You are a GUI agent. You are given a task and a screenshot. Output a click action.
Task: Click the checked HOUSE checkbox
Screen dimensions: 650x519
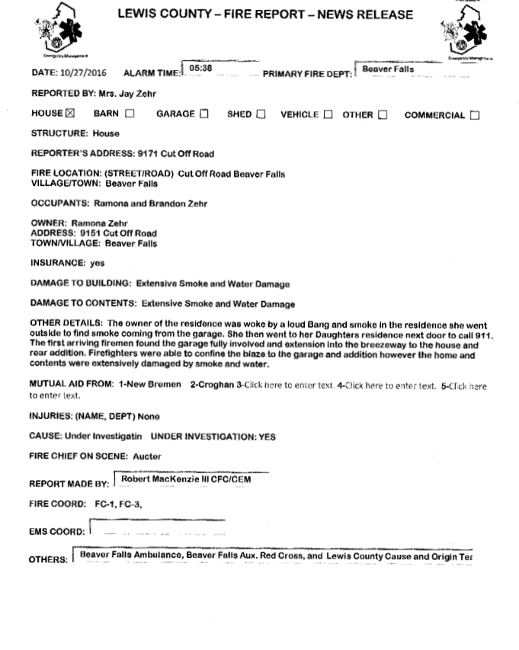[71, 115]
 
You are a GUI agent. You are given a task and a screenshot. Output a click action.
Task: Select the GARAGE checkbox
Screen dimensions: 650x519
[203, 115]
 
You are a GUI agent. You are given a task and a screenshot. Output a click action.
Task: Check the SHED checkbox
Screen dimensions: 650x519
[261, 115]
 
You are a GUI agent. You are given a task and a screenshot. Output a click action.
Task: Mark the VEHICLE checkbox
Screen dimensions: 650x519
[328, 115]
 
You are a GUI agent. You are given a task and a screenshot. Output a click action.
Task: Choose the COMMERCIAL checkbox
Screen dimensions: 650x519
[475, 116]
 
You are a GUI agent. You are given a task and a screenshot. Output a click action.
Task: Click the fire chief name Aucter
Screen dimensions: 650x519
[147, 456]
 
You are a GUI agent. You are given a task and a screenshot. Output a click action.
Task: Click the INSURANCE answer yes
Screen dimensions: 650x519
[98, 263]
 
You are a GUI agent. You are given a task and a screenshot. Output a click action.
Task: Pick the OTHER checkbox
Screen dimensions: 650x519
[383, 115]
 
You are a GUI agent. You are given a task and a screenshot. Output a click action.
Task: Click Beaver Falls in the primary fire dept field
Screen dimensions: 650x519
[388, 69]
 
